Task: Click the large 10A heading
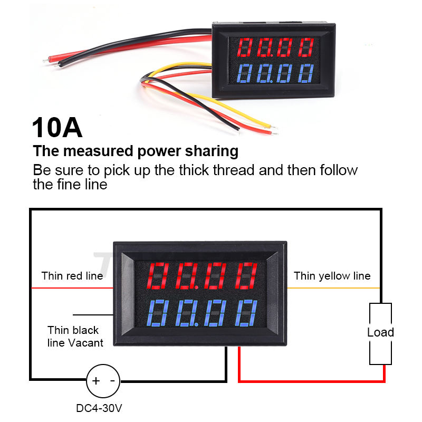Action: [x=57, y=128]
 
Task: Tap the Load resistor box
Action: [x=380, y=333]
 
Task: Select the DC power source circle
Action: [x=103, y=381]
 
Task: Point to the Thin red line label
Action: [x=72, y=276]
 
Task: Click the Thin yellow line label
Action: [x=332, y=276]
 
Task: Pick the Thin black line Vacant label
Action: [x=75, y=337]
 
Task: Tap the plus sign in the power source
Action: [x=96, y=381]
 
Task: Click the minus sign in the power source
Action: [x=112, y=381]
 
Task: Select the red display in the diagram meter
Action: [x=203, y=276]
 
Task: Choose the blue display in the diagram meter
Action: [x=203, y=313]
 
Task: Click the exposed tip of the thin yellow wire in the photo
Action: [x=274, y=126]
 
